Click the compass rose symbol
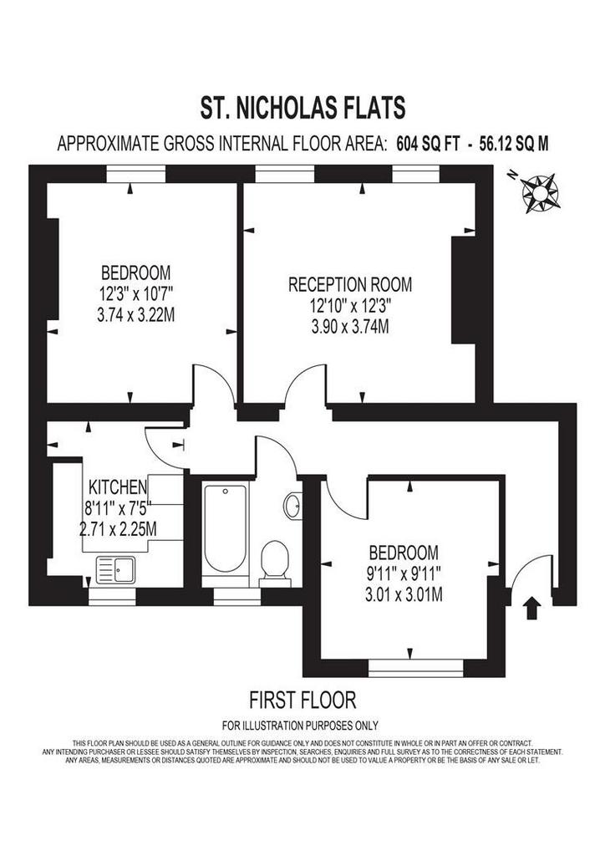click(x=540, y=192)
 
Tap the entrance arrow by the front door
click(x=532, y=608)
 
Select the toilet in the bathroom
click(x=275, y=563)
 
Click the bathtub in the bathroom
click(x=225, y=528)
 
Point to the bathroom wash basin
click(x=292, y=506)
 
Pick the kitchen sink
click(x=115, y=570)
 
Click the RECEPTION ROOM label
click(x=349, y=284)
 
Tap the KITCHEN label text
click(x=118, y=487)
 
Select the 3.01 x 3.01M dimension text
click(x=404, y=594)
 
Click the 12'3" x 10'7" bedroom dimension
click(x=136, y=293)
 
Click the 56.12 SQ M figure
click(x=514, y=144)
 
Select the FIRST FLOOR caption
click(x=302, y=700)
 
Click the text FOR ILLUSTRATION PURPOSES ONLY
click(x=300, y=726)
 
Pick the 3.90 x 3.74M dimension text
click(x=350, y=327)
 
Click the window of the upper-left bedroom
click(x=135, y=174)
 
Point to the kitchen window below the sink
click(x=112, y=597)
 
